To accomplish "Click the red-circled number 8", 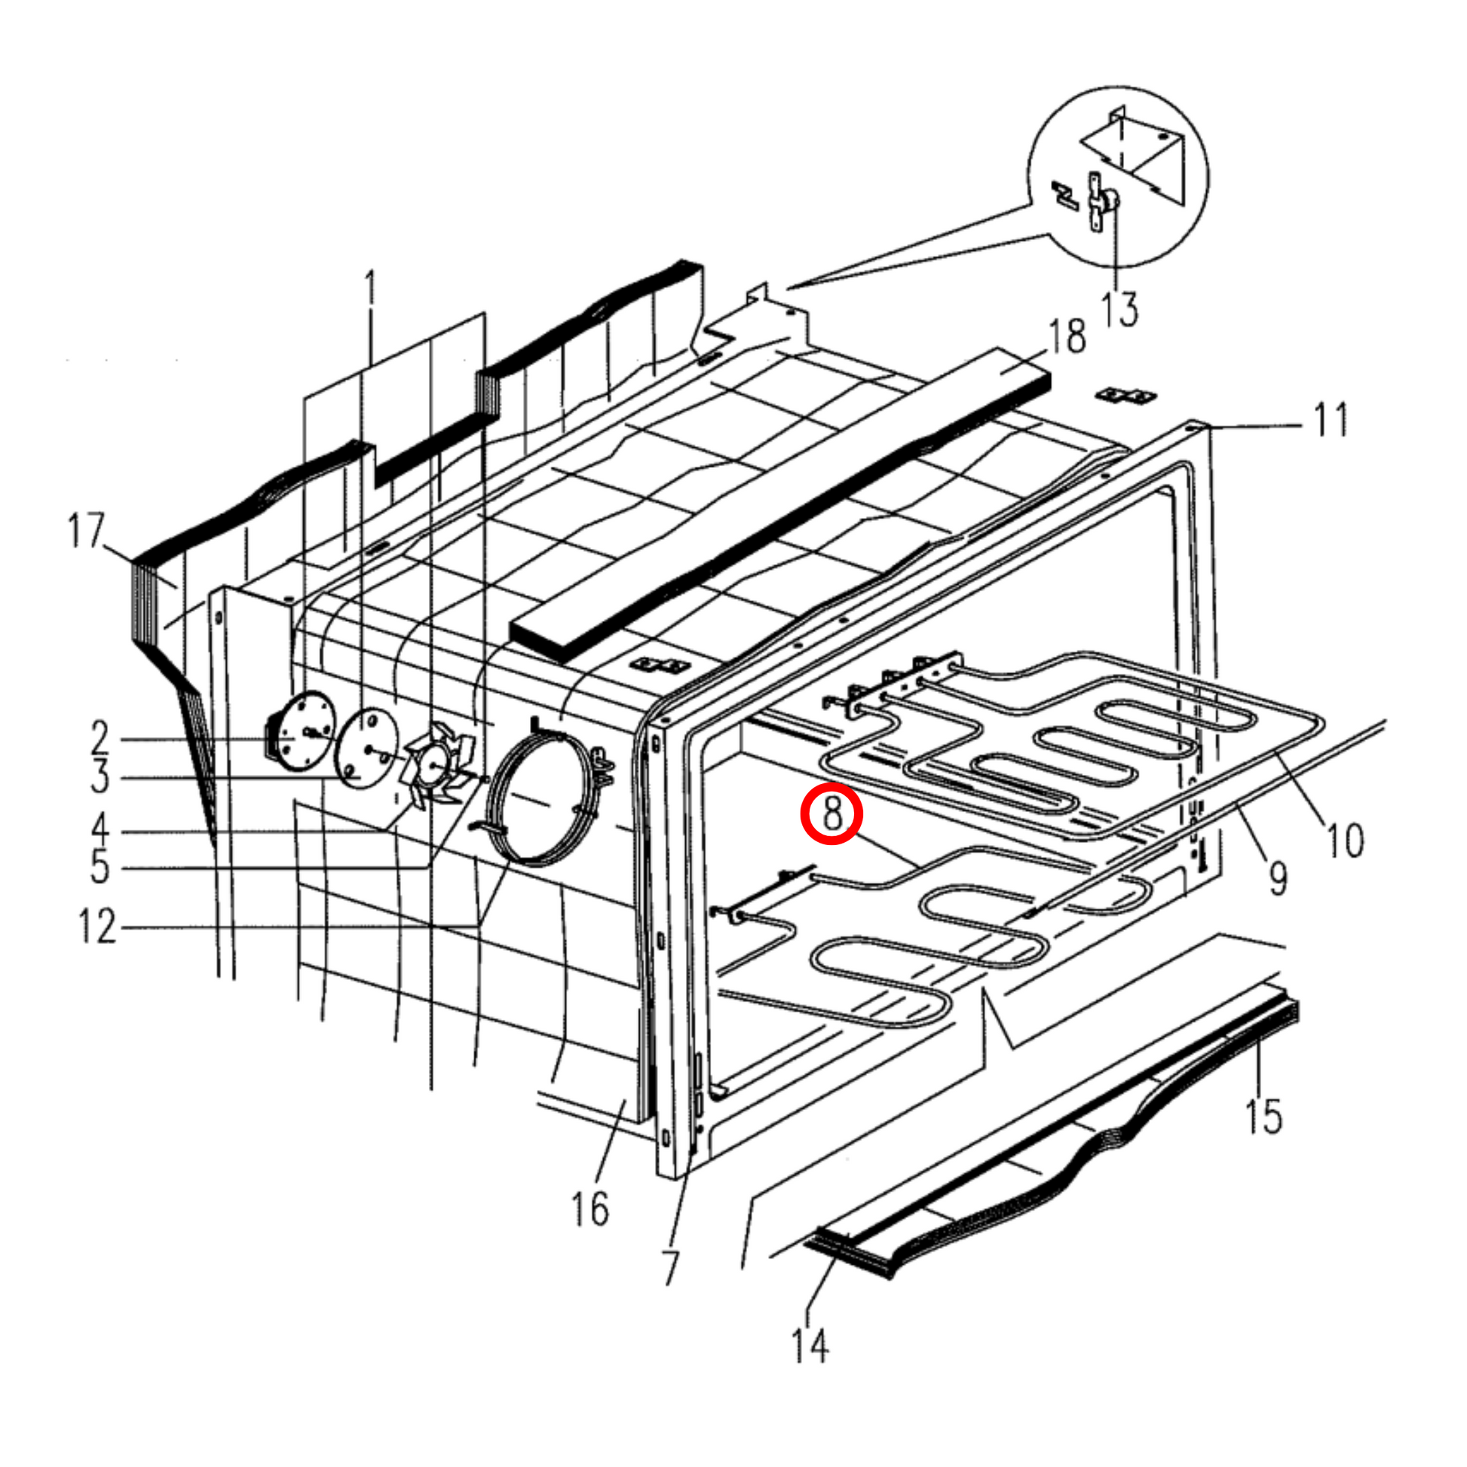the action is coord(832,813).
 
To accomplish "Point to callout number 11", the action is coord(1331,420).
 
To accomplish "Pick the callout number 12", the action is coord(98,926).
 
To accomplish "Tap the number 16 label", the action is coord(590,1209).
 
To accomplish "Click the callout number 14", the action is coord(810,1346).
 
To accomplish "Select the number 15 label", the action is coord(1263,1116).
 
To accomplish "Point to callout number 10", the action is coord(1345,840).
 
